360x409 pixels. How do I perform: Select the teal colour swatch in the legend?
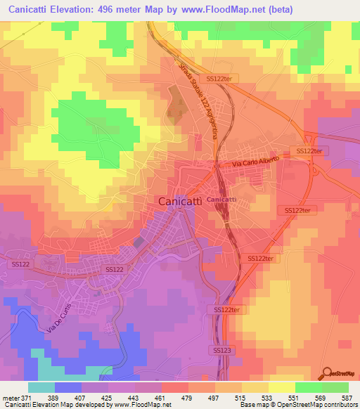tap(41, 387)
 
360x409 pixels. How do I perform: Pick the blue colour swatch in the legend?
tap(68, 387)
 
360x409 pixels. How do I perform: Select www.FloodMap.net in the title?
tap(219, 9)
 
